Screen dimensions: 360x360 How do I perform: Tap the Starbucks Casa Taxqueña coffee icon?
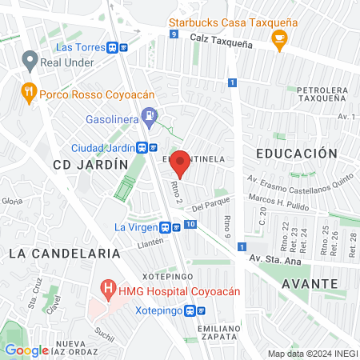click(x=278, y=44)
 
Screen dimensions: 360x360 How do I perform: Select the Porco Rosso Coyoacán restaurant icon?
click(x=29, y=91)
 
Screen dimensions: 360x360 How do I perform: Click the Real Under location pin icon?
click(x=30, y=59)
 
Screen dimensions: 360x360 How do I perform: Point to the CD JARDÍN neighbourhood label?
click(x=90, y=164)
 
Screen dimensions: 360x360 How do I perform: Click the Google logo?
click(x=26, y=350)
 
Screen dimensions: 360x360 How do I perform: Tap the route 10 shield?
click(x=190, y=225)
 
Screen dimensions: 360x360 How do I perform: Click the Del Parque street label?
click(x=206, y=205)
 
